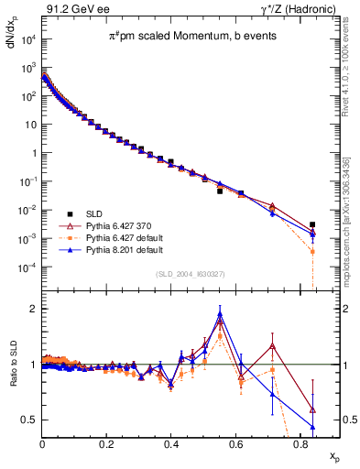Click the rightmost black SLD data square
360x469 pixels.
point(312,224)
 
